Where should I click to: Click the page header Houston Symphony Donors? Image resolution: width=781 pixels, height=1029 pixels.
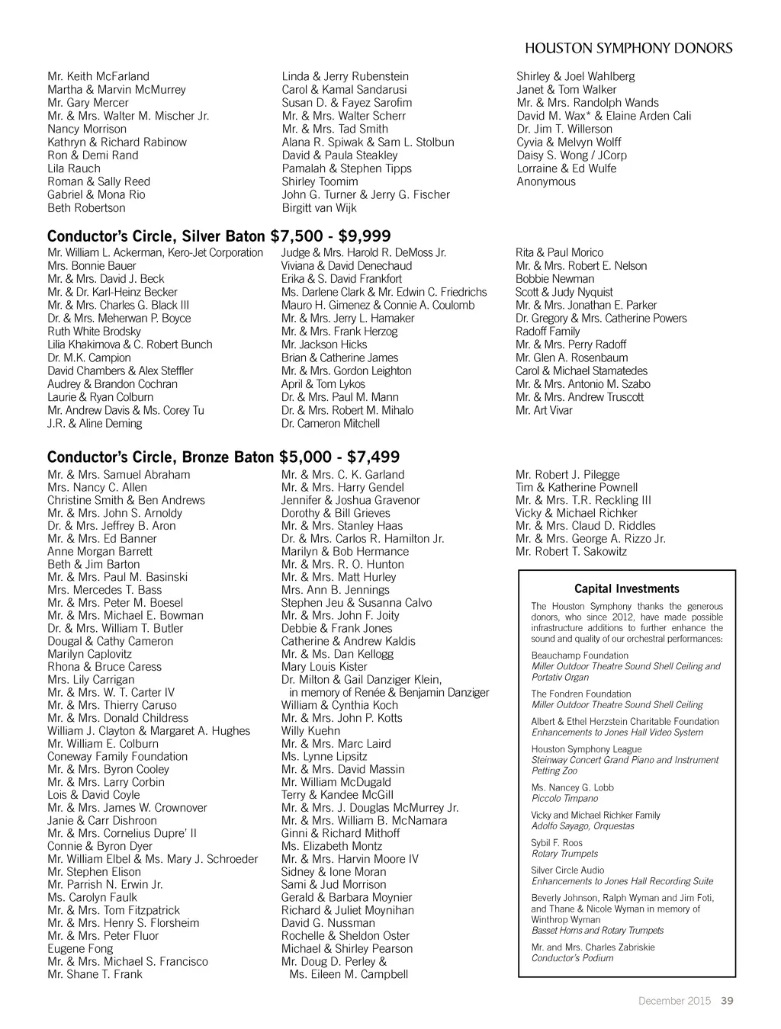point(628,48)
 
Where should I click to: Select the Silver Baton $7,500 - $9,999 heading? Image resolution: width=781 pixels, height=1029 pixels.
point(219,236)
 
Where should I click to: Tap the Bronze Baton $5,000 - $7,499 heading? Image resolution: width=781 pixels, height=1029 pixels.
point(223,457)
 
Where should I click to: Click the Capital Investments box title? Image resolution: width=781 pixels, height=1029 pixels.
point(626,589)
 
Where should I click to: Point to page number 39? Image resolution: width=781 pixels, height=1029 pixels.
point(727,1001)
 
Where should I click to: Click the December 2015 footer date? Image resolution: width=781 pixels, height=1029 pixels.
point(674,1001)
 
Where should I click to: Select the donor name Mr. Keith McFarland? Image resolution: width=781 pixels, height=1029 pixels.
point(98,76)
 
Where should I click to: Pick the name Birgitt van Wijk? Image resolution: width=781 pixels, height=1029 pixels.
point(319,208)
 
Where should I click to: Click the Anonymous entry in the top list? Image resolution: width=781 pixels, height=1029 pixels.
point(546,181)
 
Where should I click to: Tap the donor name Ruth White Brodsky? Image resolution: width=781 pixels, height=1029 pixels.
point(94,332)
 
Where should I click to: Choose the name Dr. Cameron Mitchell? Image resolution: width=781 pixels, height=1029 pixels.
point(330,424)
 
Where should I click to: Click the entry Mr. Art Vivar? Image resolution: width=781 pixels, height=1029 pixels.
point(543,411)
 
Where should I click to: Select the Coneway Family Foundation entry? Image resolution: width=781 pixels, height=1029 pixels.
point(117,757)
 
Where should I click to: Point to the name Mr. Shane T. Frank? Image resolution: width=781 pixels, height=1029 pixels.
point(95,975)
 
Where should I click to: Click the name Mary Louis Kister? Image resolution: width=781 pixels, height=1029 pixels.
point(324,667)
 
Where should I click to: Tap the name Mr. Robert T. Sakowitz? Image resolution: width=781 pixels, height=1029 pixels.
point(570,552)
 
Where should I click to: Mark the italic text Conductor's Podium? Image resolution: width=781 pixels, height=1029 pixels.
point(572,958)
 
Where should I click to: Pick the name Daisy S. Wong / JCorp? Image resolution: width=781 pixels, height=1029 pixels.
point(571,155)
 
